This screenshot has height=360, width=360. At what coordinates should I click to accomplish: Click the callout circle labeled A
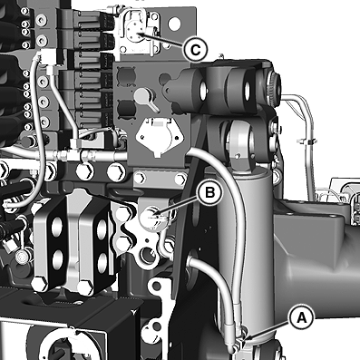[x=301, y=317]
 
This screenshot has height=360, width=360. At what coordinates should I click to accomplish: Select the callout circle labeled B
[x=209, y=192]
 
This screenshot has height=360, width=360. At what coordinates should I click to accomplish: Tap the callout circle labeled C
[x=196, y=49]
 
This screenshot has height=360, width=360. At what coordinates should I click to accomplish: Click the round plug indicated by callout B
[x=151, y=216]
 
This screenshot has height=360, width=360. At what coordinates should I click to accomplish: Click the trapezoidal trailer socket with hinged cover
[x=160, y=136]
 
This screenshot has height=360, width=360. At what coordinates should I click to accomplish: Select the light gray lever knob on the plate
[x=141, y=95]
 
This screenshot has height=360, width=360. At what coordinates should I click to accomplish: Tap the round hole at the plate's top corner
[x=175, y=24]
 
